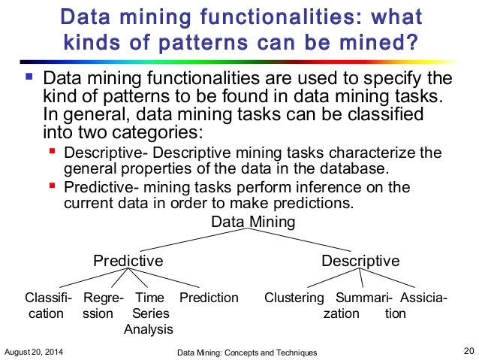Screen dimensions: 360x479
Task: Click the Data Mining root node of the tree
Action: [x=253, y=222]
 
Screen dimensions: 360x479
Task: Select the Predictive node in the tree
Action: [x=128, y=261]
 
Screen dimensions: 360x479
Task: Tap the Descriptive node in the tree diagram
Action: [x=360, y=261]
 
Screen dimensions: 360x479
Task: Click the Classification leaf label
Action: [x=48, y=305]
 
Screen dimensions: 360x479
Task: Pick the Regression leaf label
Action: [x=104, y=305]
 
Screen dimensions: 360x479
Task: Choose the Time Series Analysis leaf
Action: [x=149, y=313]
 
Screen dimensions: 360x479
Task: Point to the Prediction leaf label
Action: [x=209, y=298]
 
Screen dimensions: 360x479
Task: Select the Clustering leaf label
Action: [x=294, y=298]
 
